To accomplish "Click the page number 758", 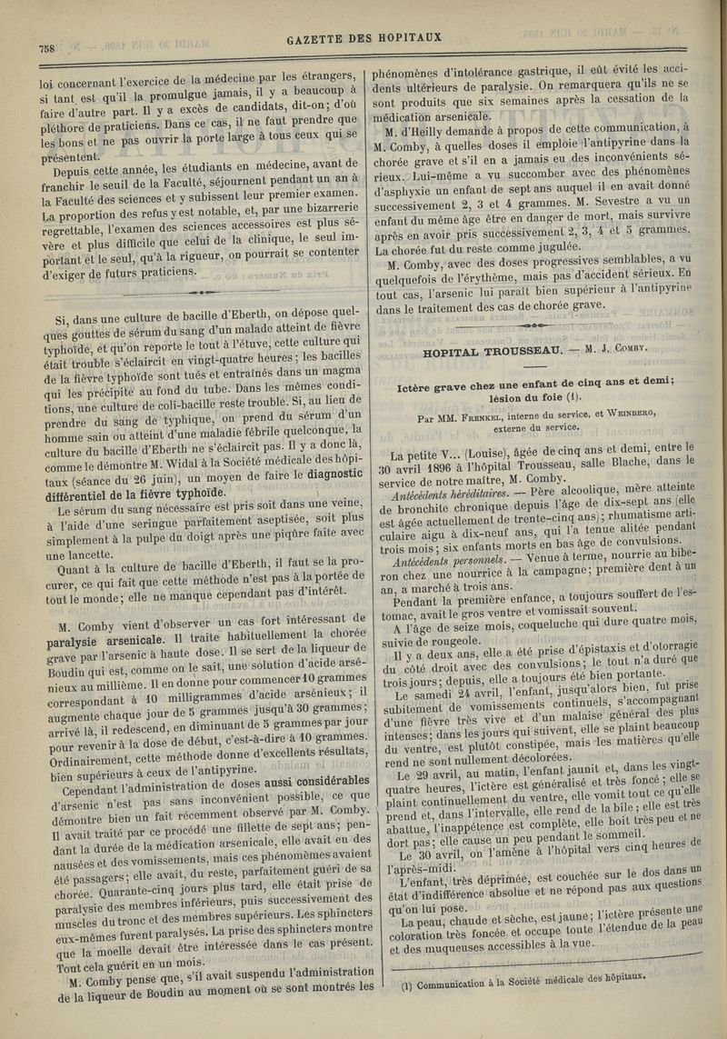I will click(x=46, y=48).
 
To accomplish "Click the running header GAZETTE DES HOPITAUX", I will click(x=363, y=38).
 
